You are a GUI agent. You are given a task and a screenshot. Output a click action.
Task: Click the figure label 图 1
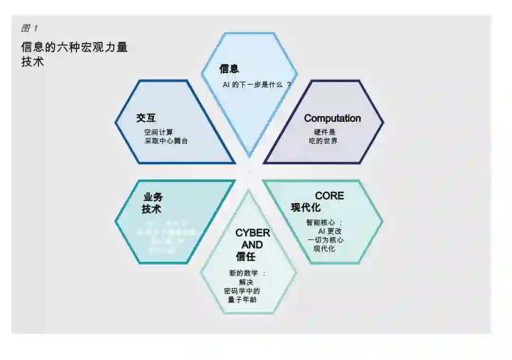point(29,28)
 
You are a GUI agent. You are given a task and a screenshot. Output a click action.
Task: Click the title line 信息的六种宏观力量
point(74,47)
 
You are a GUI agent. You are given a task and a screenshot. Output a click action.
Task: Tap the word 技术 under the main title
point(33,62)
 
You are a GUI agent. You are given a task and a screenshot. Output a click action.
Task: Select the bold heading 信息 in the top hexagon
point(229,69)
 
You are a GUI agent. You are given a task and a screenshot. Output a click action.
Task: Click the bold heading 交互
point(146,118)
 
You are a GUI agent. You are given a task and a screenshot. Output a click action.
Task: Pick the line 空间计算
point(159,132)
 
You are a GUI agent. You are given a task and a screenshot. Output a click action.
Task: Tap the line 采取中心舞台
point(166,141)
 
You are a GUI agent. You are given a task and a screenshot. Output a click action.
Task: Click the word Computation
point(332,118)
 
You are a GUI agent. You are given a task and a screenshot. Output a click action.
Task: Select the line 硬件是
point(325,132)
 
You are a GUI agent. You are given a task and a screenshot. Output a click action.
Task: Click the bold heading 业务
point(153,197)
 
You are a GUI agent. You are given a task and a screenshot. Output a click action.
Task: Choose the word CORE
point(329,196)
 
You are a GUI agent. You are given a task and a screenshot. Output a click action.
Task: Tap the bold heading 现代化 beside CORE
point(306,207)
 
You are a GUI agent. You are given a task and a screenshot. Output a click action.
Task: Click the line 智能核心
point(321,222)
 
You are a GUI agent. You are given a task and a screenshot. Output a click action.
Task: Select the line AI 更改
point(330,231)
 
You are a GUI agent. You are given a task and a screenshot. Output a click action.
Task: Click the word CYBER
point(253,233)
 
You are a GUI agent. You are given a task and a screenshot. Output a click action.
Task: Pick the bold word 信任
point(246,257)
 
